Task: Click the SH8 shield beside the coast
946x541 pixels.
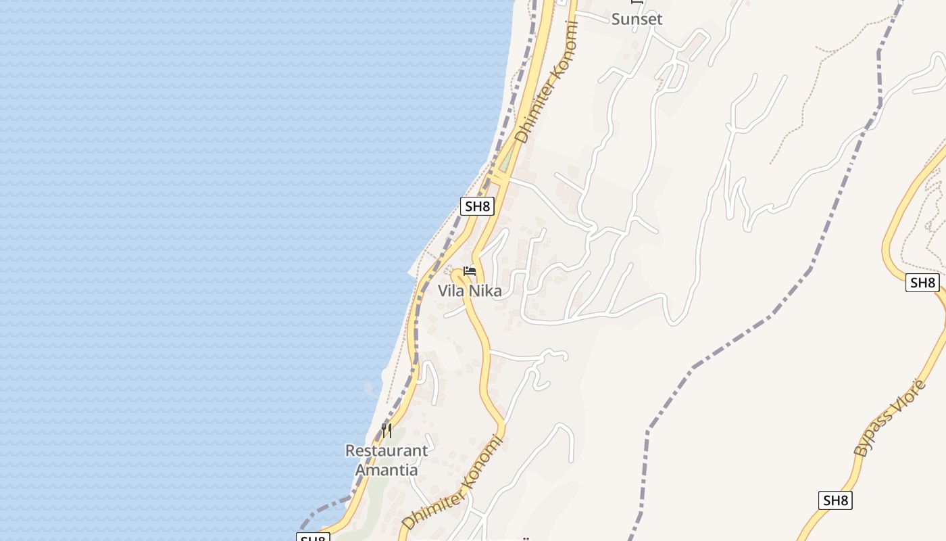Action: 477,206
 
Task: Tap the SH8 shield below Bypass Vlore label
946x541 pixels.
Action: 836,500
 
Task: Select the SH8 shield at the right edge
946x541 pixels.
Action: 922,283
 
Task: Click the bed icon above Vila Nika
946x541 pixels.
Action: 470,271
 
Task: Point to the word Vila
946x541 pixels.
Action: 452,291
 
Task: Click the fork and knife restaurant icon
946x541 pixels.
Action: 387,431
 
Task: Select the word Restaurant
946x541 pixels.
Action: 387,450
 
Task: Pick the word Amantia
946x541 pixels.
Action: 387,469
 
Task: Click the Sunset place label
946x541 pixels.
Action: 637,19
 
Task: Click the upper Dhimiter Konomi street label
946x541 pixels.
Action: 547,83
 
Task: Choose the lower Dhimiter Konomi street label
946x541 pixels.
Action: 453,483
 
